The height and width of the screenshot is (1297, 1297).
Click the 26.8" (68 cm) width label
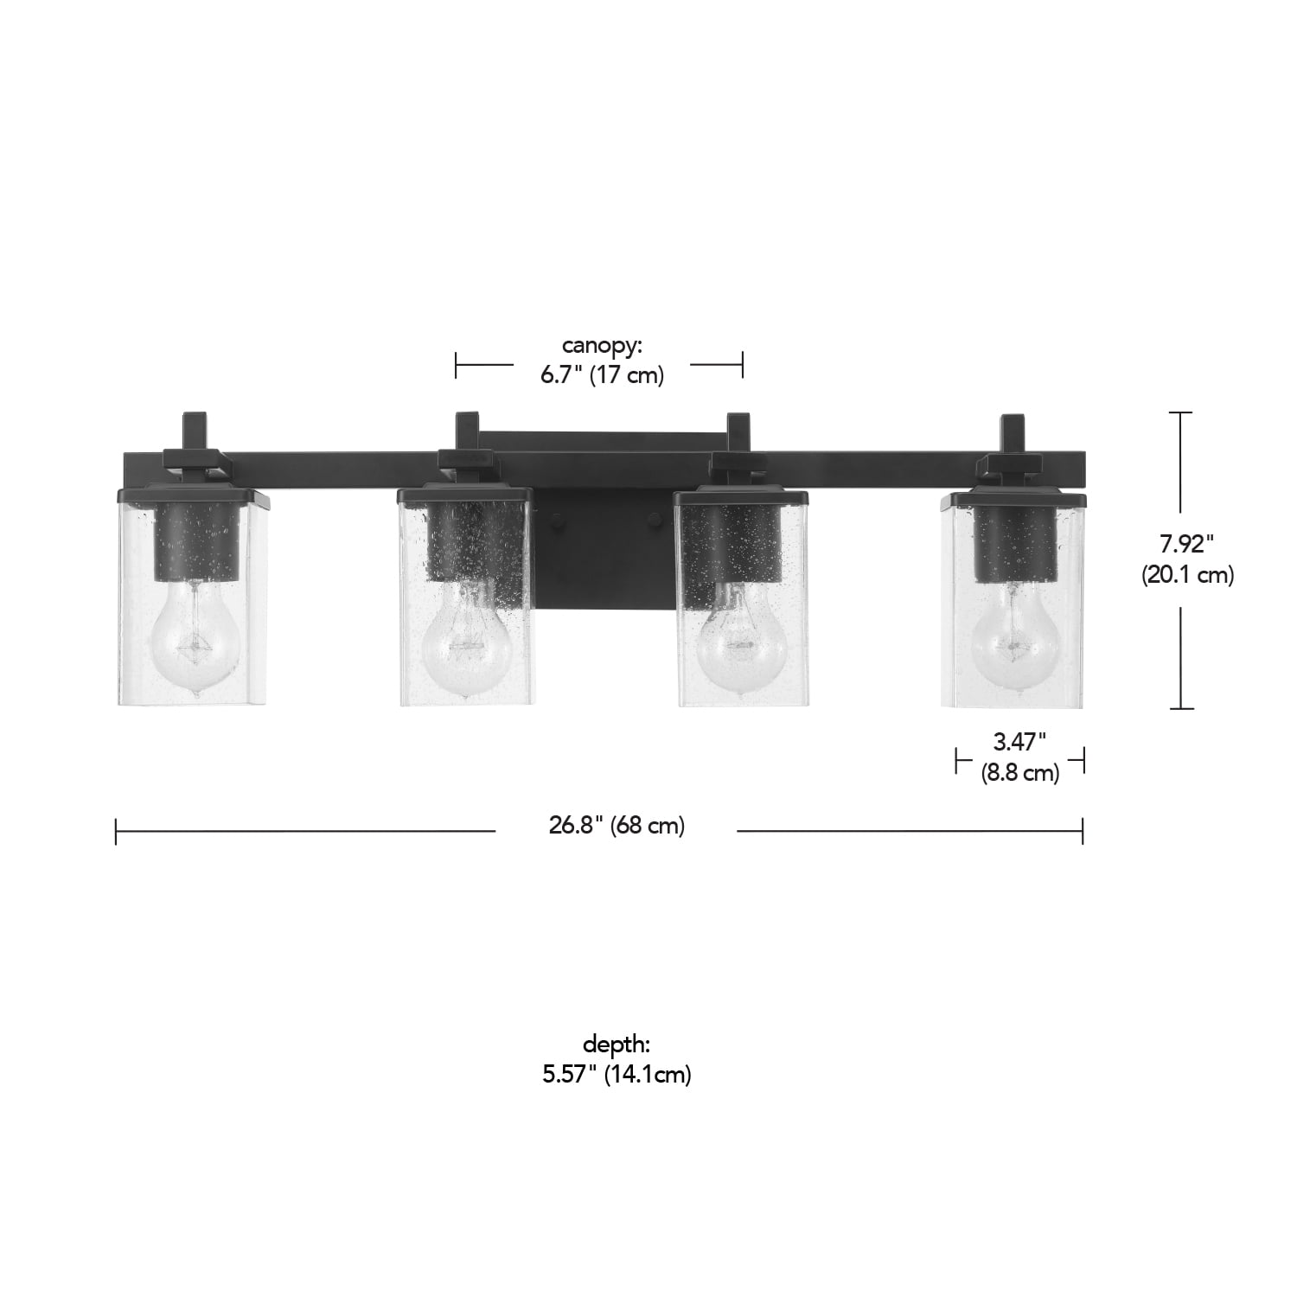(x=616, y=826)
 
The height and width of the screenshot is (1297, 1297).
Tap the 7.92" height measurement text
(x=1186, y=544)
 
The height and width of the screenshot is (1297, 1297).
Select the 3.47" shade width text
(x=1019, y=741)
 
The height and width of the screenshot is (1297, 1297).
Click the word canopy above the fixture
(x=602, y=347)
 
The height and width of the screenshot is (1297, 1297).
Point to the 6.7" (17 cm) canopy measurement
(x=602, y=376)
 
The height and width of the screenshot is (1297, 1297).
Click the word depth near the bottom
(x=616, y=1044)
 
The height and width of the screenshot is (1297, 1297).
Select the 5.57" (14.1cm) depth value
(x=616, y=1075)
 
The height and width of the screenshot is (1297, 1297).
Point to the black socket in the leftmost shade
(x=195, y=545)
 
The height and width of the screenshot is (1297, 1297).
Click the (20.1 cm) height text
(x=1186, y=575)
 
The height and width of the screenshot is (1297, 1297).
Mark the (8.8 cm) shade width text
(x=1019, y=772)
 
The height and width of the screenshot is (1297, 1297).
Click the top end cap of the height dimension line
(x=1180, y=413)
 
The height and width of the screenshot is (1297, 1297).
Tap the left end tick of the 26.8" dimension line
(x=116, y=832)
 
